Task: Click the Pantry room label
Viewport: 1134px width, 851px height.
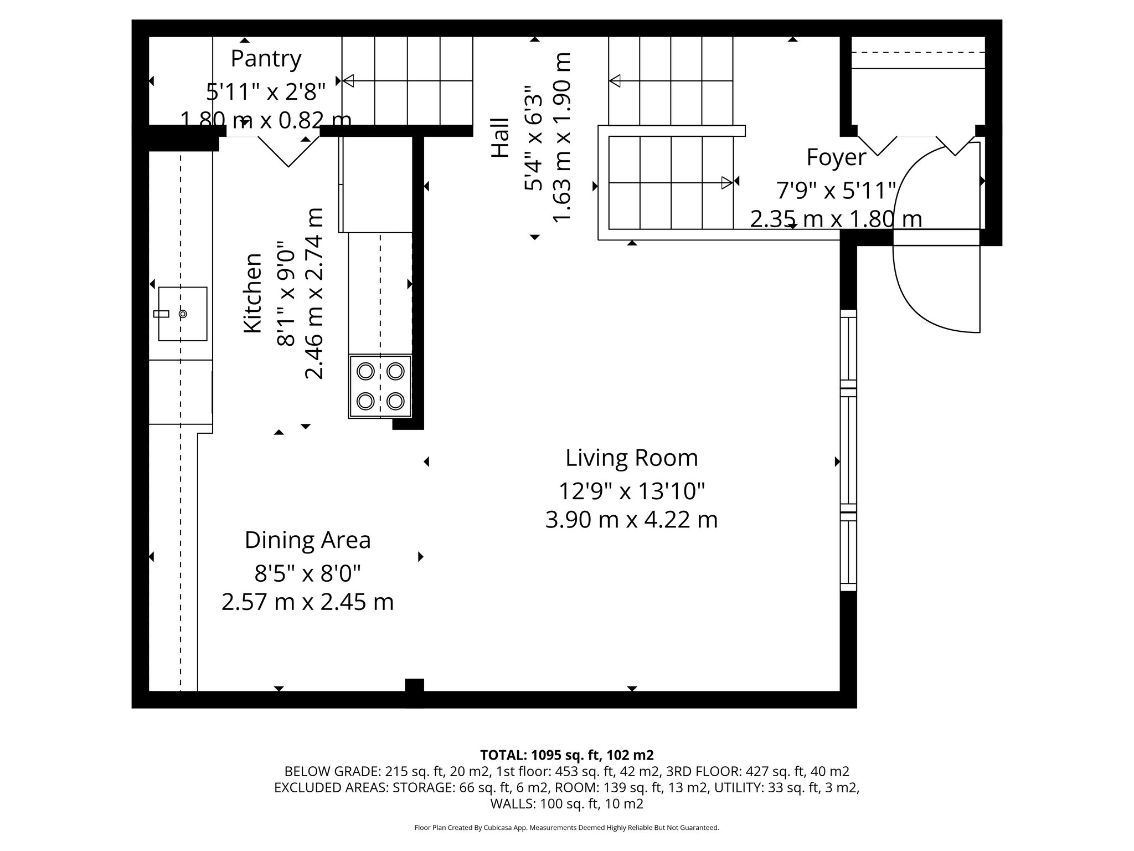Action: pyautogui.click(x=266, y=59)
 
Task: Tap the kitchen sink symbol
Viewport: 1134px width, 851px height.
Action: pyautogui.click(x=183, y=314)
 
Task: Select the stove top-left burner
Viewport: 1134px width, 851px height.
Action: pyautogui.click(x=365, y=371)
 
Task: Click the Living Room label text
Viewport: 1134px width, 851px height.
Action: pyautogui.click(x=631, y=458)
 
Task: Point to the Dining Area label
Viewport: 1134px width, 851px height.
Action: pyautogui.click(x=307, y=540)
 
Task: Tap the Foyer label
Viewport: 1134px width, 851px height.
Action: pyautogui.click(x=836, y=157)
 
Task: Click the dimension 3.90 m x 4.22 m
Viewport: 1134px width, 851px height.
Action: pyautogui.click(x=631, y=520)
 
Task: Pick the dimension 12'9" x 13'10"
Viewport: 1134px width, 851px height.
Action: pyautogui.click(x=631, y=491)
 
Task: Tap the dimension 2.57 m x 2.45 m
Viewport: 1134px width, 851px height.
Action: pyautogui.click(x=307, y=602)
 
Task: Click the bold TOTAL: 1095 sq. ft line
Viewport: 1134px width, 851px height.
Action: pyautogui.click(x=566, y=755)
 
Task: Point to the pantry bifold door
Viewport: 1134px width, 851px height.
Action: pyautogui.click(x=288, y=151)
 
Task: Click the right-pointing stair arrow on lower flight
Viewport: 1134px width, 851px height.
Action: pyautogui.click(x=726, y=182)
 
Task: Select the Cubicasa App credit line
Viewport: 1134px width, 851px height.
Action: pyautogui.click(x=566, y=828)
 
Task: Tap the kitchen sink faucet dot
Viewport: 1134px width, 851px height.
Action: pyautogui.click(x=183, y=314)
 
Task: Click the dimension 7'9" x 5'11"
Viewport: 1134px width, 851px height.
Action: pyautogui.click(x=836, y=191)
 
